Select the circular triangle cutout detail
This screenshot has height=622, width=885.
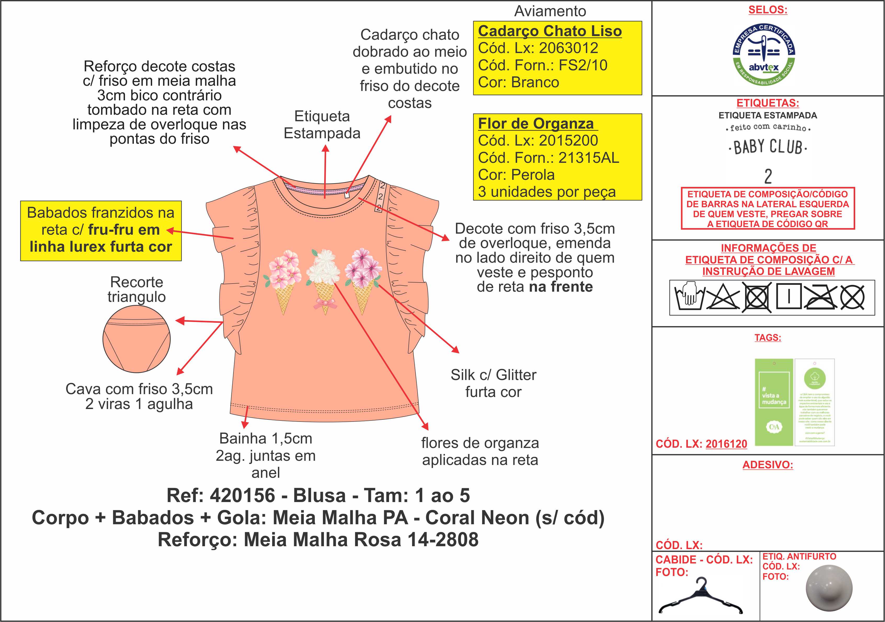click(x=136, y=339)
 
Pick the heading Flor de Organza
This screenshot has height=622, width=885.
click(x=536, y=124)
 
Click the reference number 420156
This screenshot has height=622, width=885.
click(x=242, y=496)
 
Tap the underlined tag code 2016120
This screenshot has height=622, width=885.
click(x=726, y=444)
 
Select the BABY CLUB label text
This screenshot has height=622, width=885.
click(x=767, y=147)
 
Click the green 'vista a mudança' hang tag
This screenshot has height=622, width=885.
click(x=774, y=402)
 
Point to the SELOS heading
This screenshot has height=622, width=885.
click(x=767, y=10)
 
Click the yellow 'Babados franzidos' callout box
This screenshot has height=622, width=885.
click(x=101, y=231)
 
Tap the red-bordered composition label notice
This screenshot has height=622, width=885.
click(x=767, y=209)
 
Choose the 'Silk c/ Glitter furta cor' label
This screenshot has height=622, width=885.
click(x=493, y=383)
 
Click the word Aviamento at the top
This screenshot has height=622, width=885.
click(x=550, y=11)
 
